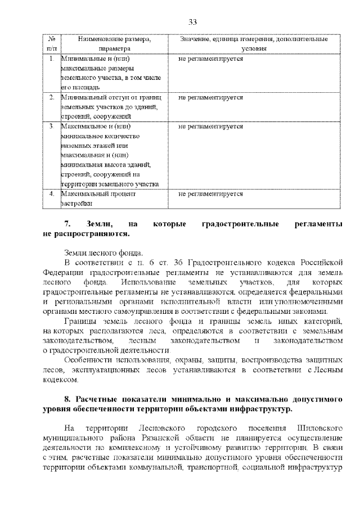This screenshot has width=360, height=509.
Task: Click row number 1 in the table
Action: point(51,58)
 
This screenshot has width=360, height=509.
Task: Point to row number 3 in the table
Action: point(51,127)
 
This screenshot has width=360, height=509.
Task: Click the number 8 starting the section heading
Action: point(67,399)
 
